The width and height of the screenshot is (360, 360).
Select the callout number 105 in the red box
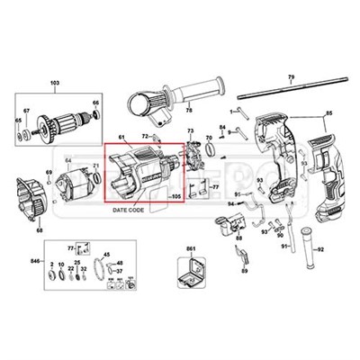point(175,195)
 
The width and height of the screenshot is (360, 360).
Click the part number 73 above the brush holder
point(190,131)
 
